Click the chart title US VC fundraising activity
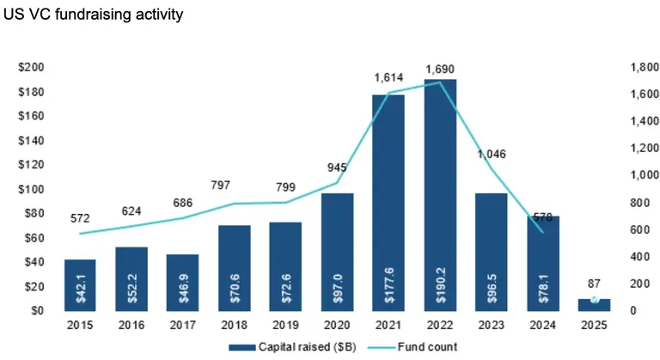click(94, 15)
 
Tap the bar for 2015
click(80, 284)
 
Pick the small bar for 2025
click(592, 304)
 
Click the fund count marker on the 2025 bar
click(592, 299)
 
